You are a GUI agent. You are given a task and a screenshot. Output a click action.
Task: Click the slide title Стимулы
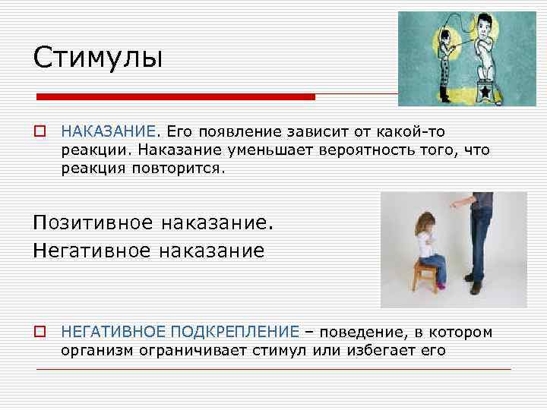(x=98, y=57)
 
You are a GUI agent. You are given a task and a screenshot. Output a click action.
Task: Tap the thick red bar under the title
(x=175, y=97)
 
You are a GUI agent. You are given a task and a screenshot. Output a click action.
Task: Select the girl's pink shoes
(x=440, y=285)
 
